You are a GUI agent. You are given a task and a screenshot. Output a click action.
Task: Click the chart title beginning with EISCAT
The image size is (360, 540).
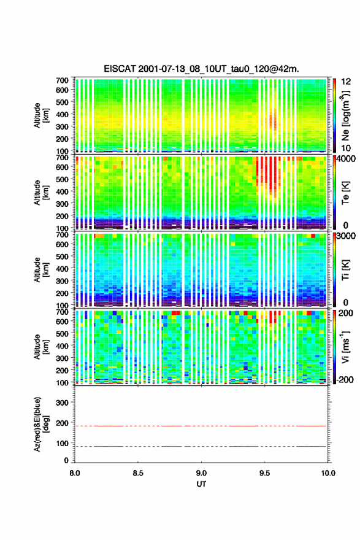(x=201, y=69)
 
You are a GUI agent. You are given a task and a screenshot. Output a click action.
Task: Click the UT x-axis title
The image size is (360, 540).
(x=201, y=484)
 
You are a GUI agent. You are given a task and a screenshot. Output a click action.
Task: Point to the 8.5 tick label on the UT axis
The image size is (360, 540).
(x=138, y=473)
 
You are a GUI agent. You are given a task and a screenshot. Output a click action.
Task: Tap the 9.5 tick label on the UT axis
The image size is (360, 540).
(x=265, y=473)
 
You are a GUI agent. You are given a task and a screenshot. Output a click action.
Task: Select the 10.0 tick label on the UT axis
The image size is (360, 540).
(x=328, y=473)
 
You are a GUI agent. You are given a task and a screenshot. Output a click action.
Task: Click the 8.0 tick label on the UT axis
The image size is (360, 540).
(x=75, y=473)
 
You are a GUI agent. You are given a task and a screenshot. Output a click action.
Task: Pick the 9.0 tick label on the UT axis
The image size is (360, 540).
(x=201, y=473)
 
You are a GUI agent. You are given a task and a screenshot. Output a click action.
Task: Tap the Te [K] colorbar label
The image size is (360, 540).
(x=345, y=193)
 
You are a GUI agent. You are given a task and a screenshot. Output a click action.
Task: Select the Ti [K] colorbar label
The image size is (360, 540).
(x=345, y=269)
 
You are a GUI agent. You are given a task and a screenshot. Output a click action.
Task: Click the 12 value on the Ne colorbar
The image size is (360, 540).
(x=346, y=82)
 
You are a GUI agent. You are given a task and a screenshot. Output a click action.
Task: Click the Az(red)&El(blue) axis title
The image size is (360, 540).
(x=40, y=424)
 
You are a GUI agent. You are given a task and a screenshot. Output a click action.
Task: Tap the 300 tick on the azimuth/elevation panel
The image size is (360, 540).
(x=62, y=403)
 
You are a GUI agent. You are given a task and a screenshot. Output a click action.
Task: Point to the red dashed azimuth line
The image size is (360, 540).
(x=201, y=426)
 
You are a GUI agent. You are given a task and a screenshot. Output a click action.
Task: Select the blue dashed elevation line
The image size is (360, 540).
(x=201, y=446)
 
